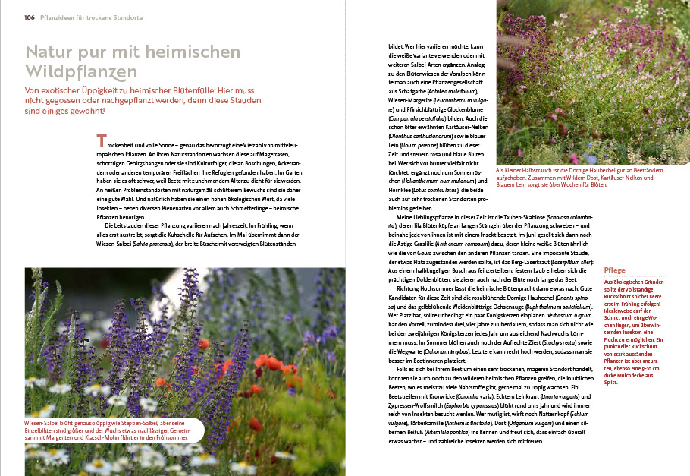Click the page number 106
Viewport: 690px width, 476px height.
tap(29, 17)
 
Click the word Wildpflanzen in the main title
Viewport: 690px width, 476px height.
tap(81, 72)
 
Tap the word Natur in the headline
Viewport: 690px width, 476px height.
tap(51, 52)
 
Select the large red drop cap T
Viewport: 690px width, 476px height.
tap(100, 141)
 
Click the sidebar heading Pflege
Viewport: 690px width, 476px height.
tap(614, 270)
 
